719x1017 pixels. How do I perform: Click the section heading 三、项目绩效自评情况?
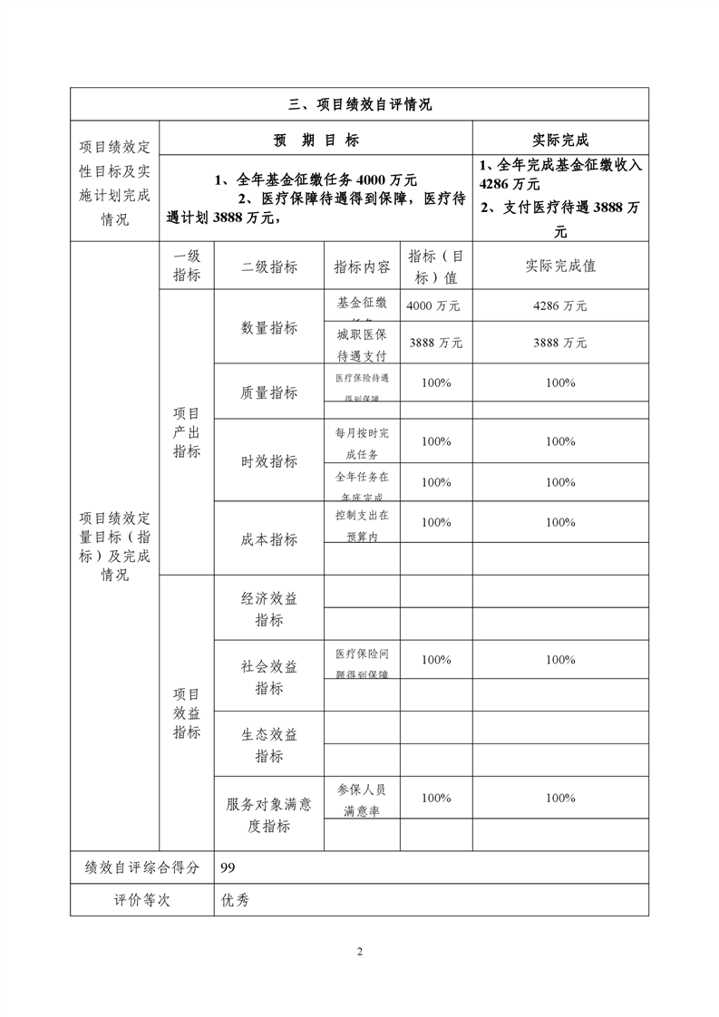[x=359, y=104]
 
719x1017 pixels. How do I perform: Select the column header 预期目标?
[x=316, y=140]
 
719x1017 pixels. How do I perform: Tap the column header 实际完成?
[x=559, y=140]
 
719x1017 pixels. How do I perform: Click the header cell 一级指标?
[x=187, y=266]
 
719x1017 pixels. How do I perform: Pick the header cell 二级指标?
[x=268, y=266]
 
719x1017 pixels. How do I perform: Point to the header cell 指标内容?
[x=362, y=266]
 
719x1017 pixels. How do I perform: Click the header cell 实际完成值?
[x=559, y=266]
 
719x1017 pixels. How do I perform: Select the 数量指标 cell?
[x=268, y=327]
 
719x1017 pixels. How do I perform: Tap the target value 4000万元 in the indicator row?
[x=433, y=306]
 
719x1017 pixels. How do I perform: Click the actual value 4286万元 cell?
[x=559, y=306]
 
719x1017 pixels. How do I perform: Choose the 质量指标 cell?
[x=268, y=392]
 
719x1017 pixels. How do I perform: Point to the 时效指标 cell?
[x=268, y=461]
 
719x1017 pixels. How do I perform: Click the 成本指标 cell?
[x=268, y=539]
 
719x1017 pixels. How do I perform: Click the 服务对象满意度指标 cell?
[x=268, y=814]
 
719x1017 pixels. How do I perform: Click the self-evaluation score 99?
[x=228, y=867]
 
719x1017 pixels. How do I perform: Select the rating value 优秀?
[x=235, y=900]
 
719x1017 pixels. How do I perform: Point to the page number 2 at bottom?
[x=360, y=952]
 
